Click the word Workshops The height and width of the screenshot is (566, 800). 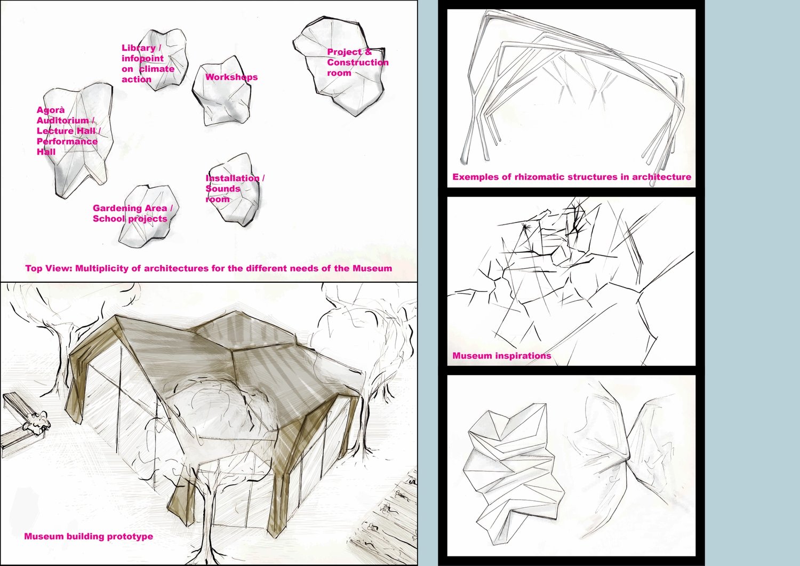231,77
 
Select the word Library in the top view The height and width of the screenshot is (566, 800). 139,48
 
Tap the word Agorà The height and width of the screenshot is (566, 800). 51,110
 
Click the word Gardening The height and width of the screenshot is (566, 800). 116,209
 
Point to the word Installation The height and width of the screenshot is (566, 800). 233,178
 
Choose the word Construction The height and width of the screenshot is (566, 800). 358,62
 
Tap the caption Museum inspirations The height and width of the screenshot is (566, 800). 502,355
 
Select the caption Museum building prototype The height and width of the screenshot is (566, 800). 89,536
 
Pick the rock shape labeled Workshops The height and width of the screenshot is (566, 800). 221,91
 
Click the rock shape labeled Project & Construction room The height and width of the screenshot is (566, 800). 339,66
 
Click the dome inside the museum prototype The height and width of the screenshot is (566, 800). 218,411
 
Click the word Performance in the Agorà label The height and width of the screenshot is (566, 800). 67,141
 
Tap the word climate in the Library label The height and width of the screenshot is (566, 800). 157,69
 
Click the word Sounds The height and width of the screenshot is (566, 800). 223,189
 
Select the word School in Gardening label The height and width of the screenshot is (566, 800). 108,219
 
